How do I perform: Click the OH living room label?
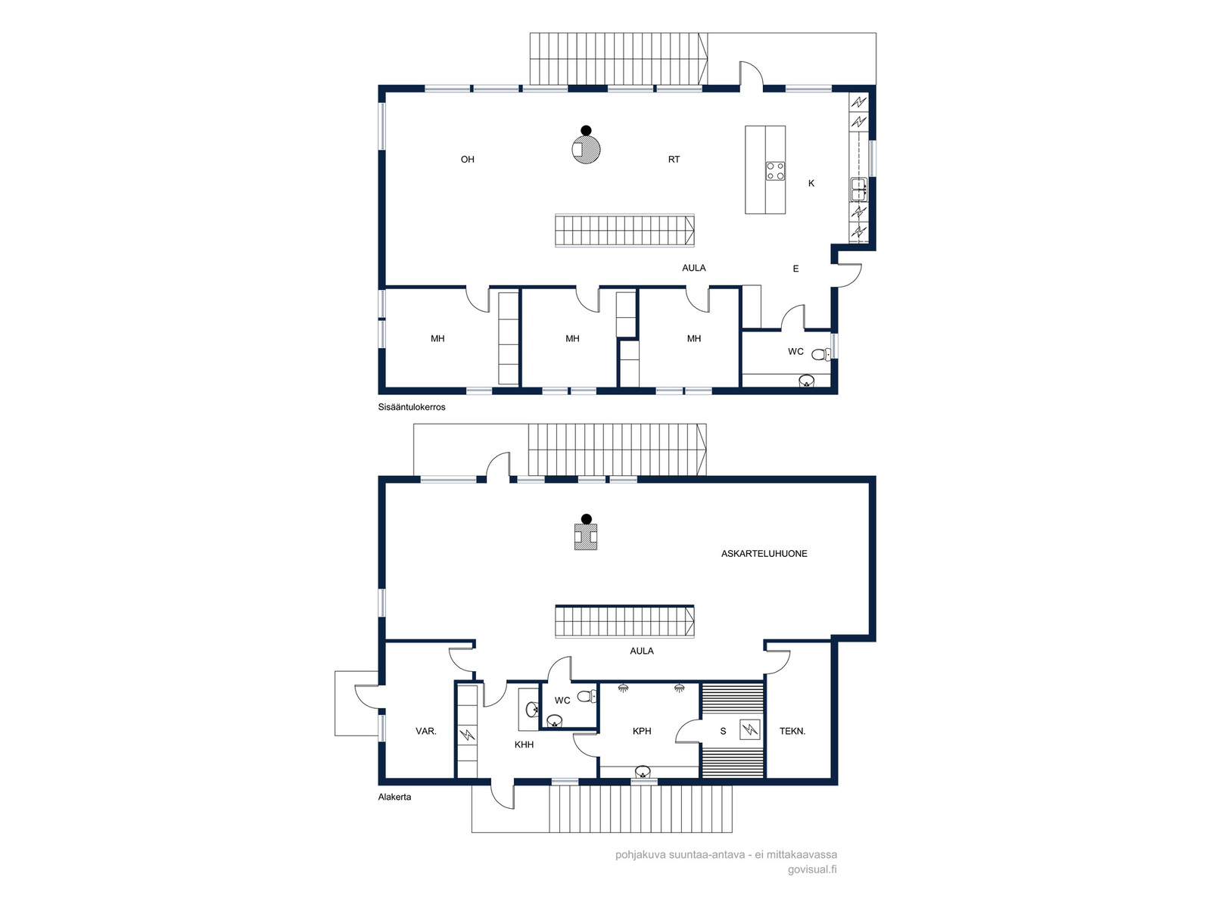tap(467, 160)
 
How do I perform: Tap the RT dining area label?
tap(674, 160)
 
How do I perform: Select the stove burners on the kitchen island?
tap(775, 170)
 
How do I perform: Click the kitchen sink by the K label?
tap(858, 189)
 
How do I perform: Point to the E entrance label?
tap(795, 269)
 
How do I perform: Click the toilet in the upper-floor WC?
tap(821, 354)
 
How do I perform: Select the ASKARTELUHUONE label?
tap(764, 554)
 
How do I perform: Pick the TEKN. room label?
tap(792, 731)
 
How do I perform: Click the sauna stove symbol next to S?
tap(750, 729)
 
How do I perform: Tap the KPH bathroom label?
tap(642, 731)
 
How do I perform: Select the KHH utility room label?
tap(524, 745)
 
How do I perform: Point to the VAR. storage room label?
tap(426, 731)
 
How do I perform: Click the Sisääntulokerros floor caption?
tap(412, 407)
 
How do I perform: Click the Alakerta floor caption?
tap(394, 797)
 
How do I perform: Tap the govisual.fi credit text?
tap(812, 869)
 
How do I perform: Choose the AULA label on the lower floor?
tap(642, 651)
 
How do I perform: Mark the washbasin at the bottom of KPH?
tap(642, 771)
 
